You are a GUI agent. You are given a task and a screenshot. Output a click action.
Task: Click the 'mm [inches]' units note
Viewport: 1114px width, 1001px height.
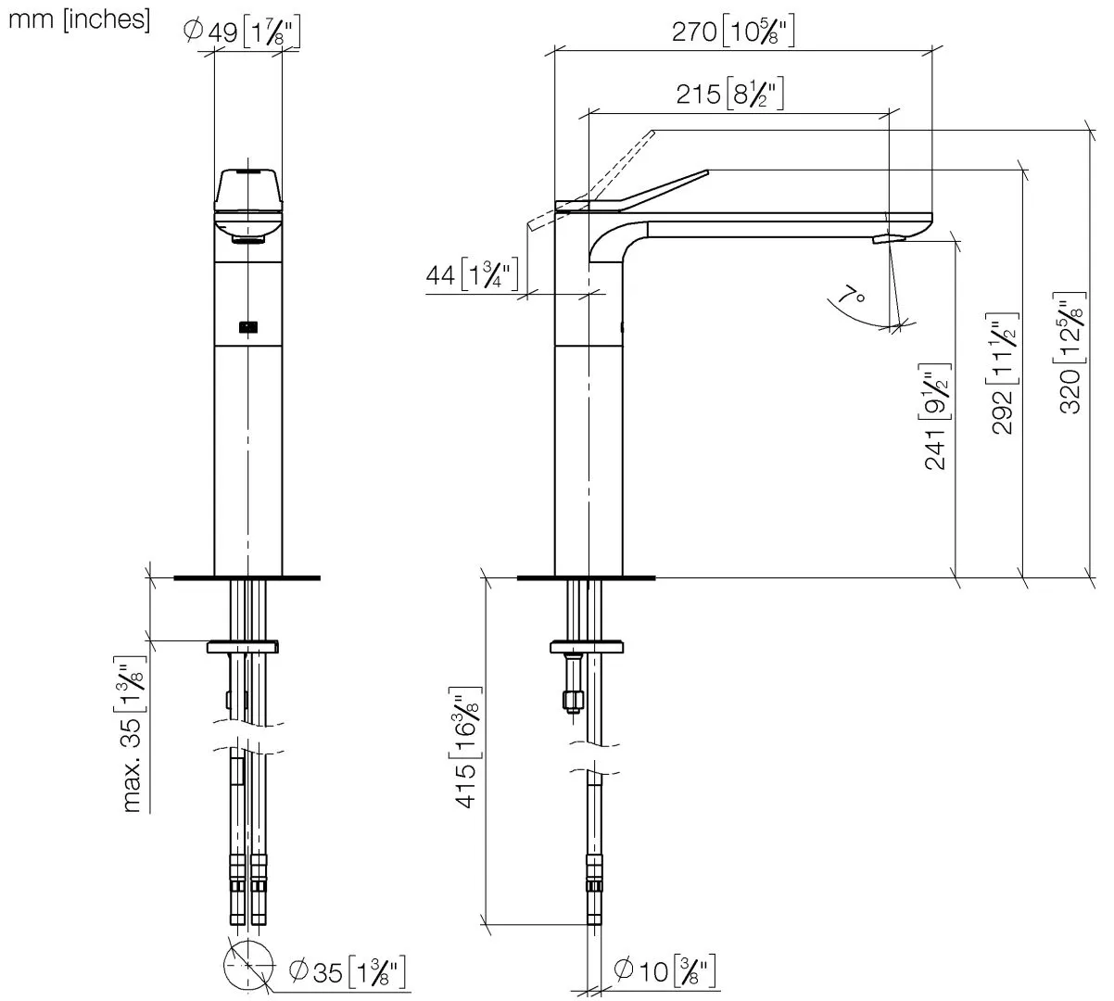pyautogui.click(x=79, y=19)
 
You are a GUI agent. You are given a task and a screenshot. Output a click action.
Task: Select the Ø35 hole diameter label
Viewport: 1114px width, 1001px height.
pyautogui.click(x=345, y=972)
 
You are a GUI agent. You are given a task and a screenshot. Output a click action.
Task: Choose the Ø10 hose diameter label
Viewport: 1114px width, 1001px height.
pyautogui.click(x=665, y=972)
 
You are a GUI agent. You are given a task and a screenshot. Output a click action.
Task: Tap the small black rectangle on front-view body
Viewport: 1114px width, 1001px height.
pyautogui.click(x=247, y=326)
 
